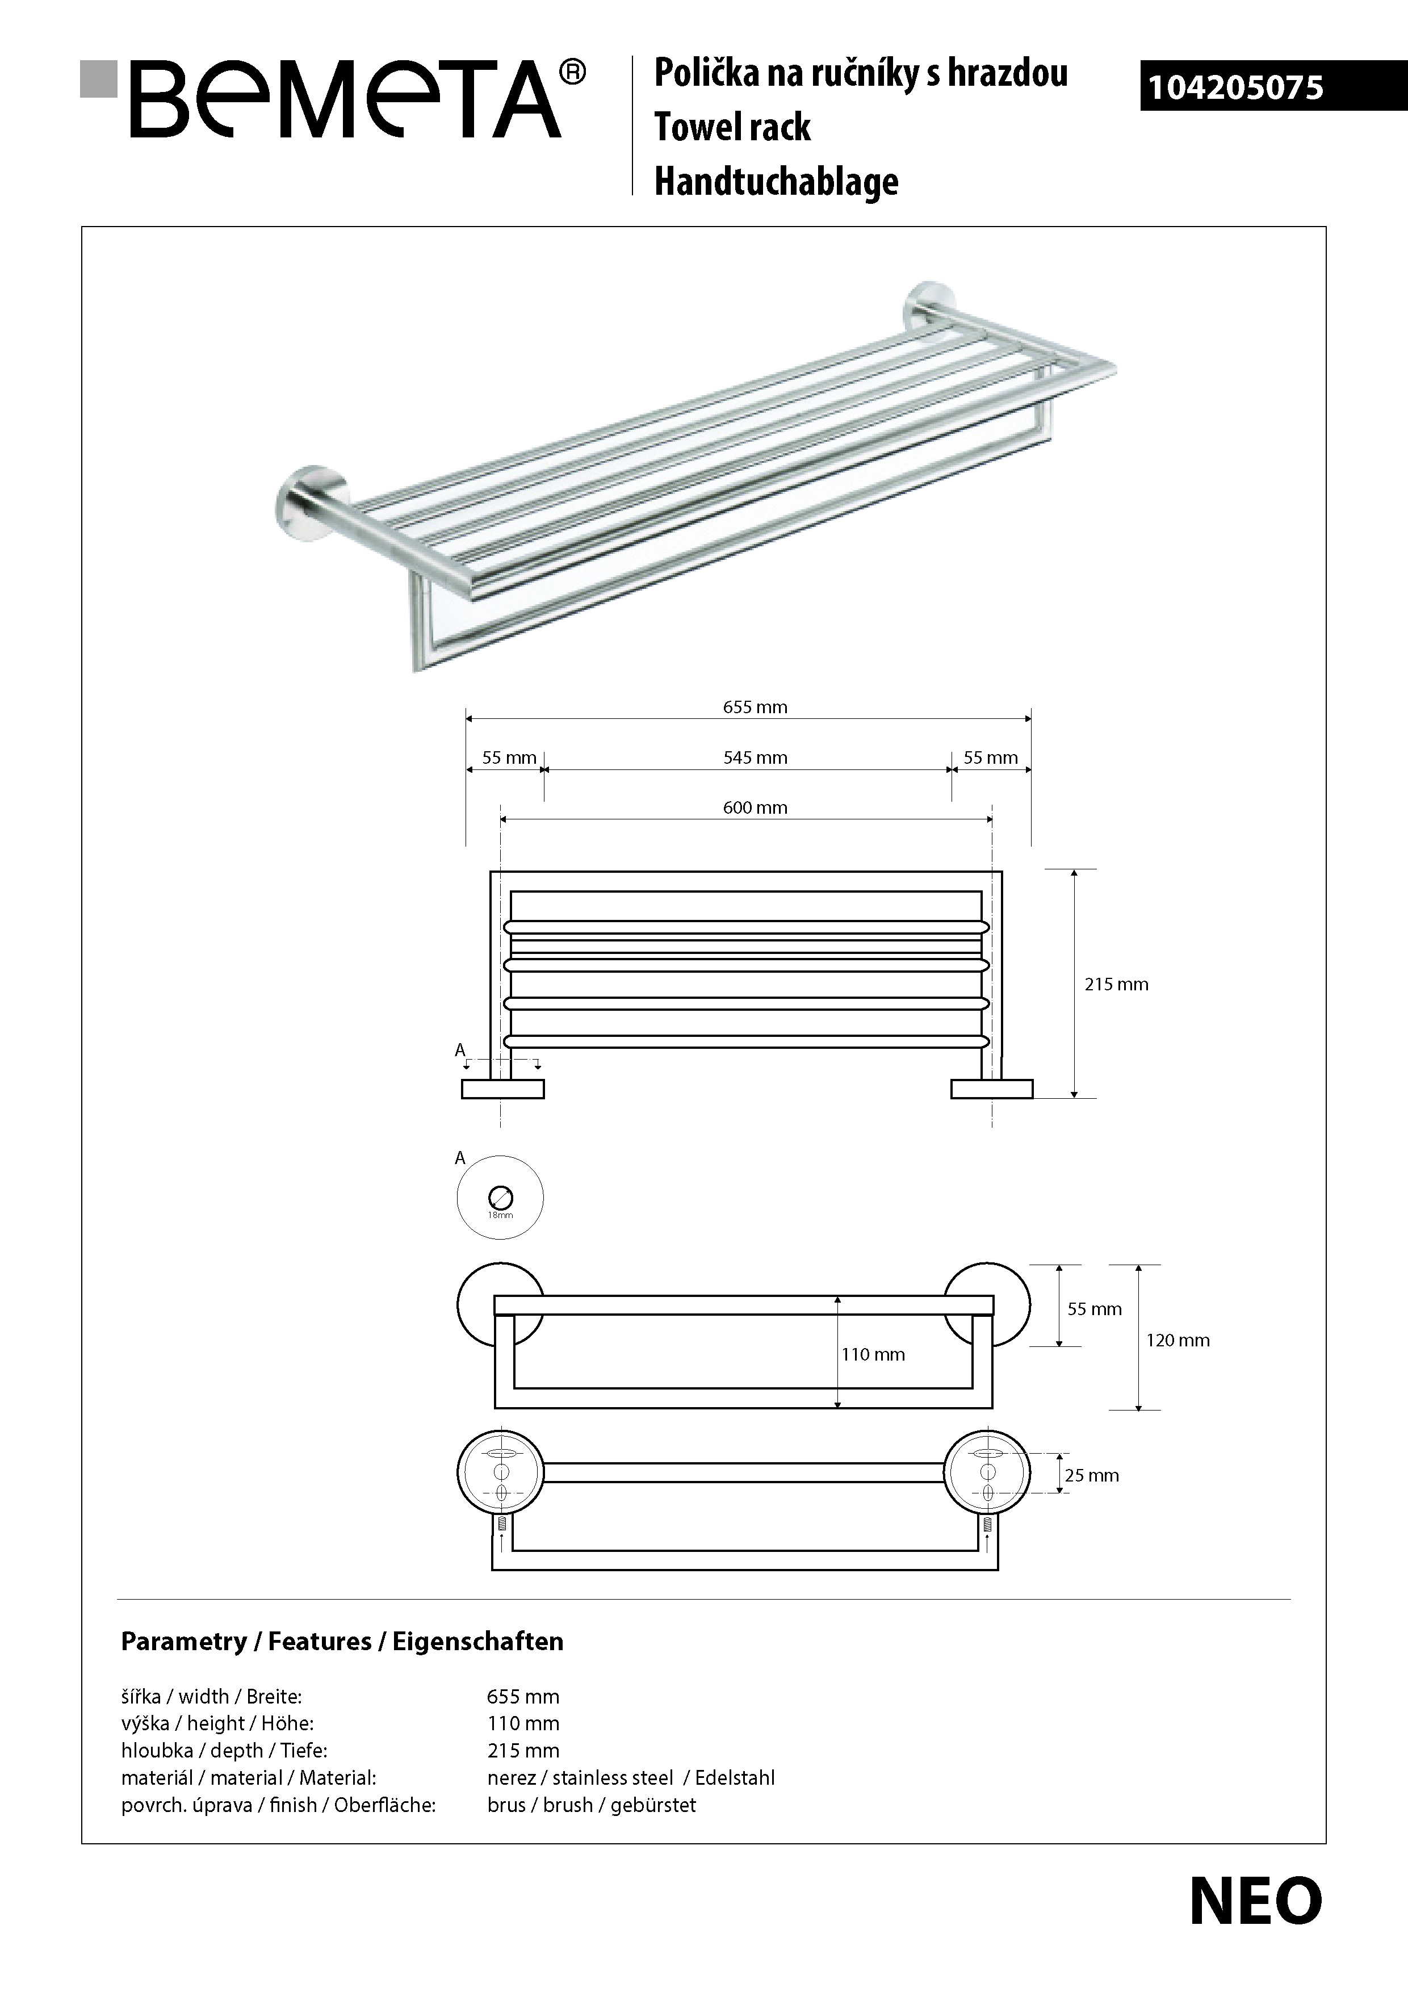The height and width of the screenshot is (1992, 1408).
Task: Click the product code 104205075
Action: click(1235, 87)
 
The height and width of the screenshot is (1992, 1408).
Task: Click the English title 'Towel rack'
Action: click(732, 127)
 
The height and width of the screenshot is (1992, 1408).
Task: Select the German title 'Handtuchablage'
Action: click(777, 181)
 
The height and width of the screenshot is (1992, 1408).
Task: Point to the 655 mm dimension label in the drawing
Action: click(755, 707)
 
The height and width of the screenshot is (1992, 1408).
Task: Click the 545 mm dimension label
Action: click(755, 758)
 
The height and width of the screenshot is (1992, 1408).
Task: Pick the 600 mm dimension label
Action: click(755, 807)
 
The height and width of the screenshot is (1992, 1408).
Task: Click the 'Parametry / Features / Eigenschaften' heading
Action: click(342, 1642)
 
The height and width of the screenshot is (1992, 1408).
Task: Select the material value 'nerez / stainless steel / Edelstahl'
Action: click(631, 1778)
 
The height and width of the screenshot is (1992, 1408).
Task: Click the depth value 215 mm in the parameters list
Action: click(523, 1750)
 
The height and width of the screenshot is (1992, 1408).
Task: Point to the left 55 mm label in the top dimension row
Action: click(509, 758)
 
